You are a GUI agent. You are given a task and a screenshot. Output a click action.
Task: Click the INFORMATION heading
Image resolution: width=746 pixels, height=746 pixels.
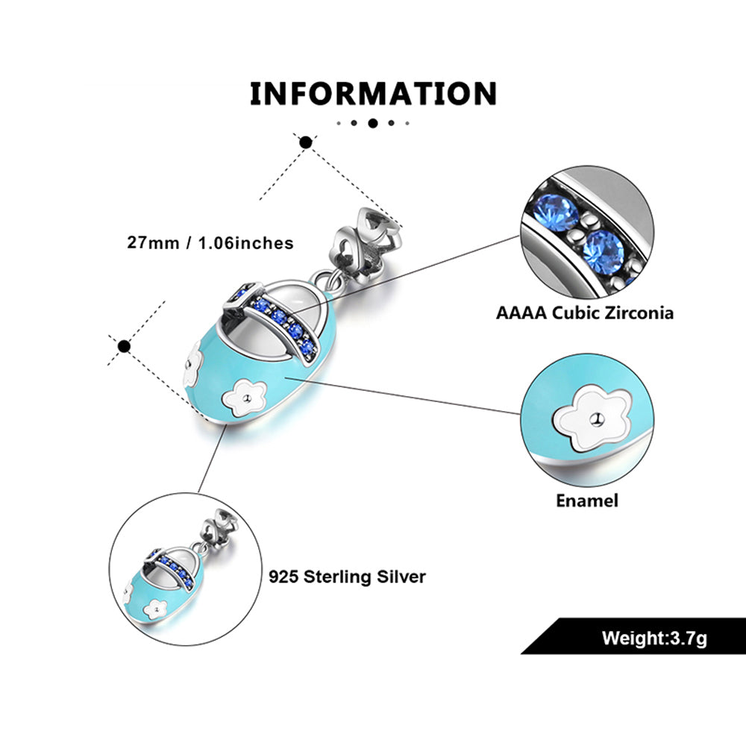pyautogui.click(x=373, y=94)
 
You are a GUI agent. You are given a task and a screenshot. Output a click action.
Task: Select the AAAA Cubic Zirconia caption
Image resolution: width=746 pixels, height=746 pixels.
pyautogui.click(x=585, y=312)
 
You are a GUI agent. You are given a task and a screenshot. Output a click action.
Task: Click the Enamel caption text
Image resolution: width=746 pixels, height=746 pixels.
pyautogui.click(x=587, y=500)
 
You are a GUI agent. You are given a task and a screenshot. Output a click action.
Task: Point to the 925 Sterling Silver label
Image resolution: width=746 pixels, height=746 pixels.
pyautogui.click(x=347, y=577)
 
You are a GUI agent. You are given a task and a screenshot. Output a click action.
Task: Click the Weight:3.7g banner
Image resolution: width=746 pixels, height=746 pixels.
pyautogui.click(x=653, y=639)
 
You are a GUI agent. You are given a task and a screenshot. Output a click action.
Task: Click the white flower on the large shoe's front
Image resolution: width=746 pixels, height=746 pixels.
pyautogui.click(x=246, y=398)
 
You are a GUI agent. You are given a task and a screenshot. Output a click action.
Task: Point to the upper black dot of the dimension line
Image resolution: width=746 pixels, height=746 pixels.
pyautogui.click(x=305, y=142)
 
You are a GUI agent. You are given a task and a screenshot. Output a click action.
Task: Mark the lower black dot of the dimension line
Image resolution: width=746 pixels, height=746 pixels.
pyautogui.click(x=125, y=346)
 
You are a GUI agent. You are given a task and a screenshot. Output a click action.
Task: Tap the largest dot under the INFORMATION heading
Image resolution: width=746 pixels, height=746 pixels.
pyautogui.click(x=373, y=123)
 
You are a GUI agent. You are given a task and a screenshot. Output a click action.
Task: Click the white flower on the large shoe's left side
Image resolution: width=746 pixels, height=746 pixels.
pyautogui.click(x=193, y=361)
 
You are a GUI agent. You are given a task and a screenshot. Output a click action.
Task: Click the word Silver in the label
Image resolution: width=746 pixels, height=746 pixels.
pyautogui.click(x=402, y=577)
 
